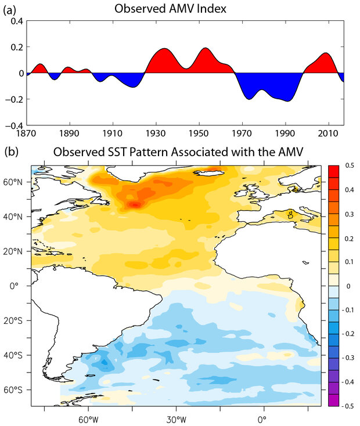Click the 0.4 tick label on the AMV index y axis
coord(16,21)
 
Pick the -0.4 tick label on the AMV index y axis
coord(15,124)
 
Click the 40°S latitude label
coord(17,355)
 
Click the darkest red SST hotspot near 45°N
coord(134,204)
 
